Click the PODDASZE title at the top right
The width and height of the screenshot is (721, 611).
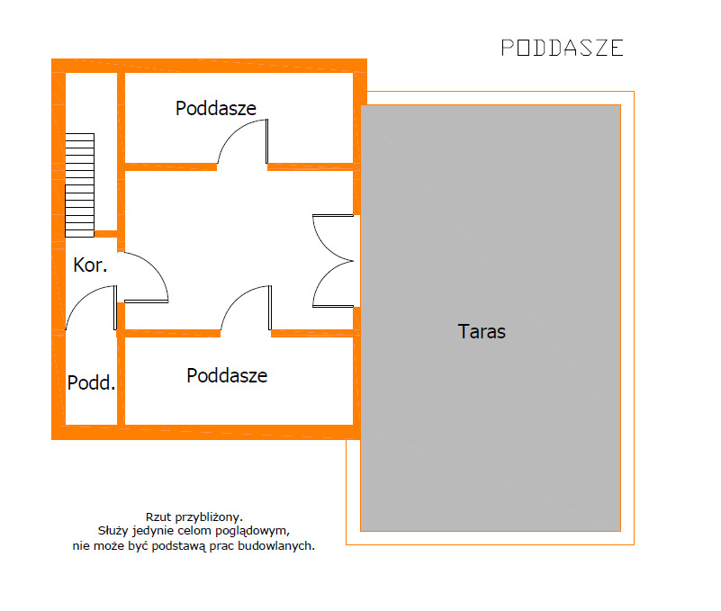click(x=562, y=48)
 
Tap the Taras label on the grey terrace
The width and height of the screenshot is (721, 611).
click(x=482, y=331)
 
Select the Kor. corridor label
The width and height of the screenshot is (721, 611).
click(x=90, y=265)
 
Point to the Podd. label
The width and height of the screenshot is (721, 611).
click(x=91, y=383)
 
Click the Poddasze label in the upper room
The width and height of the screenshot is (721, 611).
click(x=216, y=109)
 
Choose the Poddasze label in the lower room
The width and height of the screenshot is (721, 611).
click(x=227, y=375)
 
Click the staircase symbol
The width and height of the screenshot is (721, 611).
click(x=79, y=184)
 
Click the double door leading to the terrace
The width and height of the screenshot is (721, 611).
click(x=333, y=262)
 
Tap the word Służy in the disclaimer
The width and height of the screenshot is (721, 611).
click(x=114, y=531)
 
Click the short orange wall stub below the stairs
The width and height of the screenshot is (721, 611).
click(x=106, y=234)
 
